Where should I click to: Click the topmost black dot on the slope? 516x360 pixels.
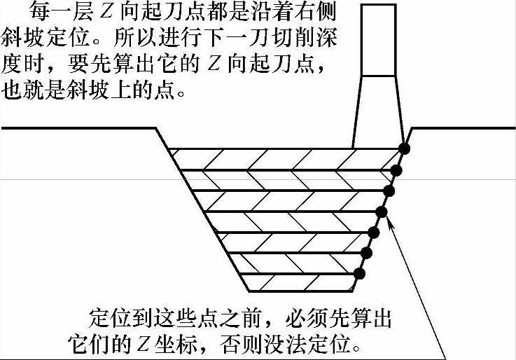point(404,148)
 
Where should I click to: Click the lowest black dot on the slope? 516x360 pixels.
point(359,273)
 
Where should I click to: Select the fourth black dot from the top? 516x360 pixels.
point(382,212)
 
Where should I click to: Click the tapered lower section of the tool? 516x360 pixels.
point(379,112)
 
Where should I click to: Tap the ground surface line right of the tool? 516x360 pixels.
point(462,129)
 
